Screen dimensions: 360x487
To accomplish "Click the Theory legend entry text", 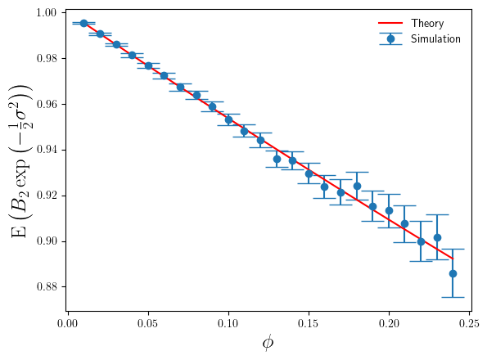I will (x=427, y=23).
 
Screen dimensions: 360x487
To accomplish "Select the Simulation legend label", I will (x=435, y=38).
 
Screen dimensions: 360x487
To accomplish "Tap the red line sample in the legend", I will (x=390, y=23).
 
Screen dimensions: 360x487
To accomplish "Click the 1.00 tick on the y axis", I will (x=45, y=13).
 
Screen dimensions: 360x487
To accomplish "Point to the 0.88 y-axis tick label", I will (x=45, y=287).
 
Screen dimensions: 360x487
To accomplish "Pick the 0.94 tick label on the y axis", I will (x=45, y=150).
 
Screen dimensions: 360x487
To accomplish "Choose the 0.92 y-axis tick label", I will (x=45, y=196).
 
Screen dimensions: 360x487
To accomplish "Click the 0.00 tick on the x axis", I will (x=68, y=326).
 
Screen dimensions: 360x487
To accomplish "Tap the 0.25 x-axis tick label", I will (x=469, y=326).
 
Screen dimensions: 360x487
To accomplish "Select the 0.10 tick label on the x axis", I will (x=228, y=326).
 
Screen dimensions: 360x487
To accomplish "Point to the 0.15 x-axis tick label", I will (x=309, y=326).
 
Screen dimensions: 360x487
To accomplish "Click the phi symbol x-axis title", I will (x=268, y=344).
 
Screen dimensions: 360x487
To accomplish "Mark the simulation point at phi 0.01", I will (x=83, y=24).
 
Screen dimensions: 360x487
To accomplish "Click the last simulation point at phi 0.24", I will (x=453, y=273).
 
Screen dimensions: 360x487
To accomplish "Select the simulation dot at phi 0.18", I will (x=357, y=186).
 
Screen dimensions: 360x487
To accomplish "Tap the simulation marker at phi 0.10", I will (x=228, y=119).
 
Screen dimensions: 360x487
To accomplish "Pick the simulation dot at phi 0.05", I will (x=148, y=65).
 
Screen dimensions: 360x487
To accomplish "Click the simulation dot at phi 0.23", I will (x=437, y=237).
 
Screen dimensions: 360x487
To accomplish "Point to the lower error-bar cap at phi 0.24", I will (x=453, y=297).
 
